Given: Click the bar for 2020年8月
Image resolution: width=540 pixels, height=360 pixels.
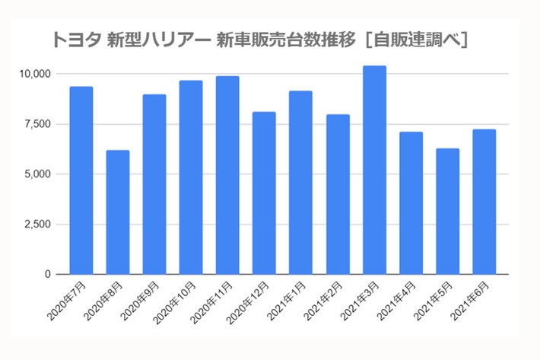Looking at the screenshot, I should (x=118, y=212).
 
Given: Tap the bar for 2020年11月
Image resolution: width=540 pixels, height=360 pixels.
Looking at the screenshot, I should (x=227, y=175).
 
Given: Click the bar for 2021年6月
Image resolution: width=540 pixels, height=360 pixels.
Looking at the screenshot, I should (x=484, y=202).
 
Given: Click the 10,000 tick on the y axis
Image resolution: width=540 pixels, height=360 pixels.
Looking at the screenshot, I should (x=35, y=74).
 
